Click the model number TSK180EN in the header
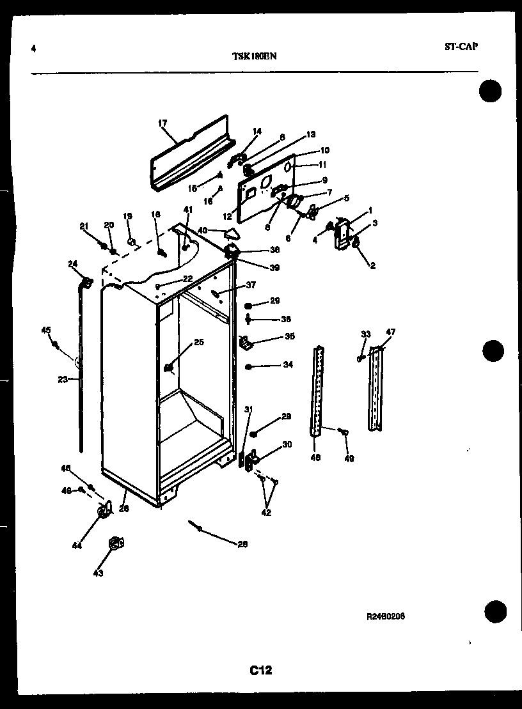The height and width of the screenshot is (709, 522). point(255,56)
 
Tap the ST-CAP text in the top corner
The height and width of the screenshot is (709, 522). point(461,47)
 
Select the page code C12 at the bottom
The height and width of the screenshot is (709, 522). point(261,670)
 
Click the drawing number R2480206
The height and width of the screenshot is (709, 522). point(386,616)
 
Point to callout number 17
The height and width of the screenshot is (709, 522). point(162,123)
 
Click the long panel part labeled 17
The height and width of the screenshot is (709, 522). point(190,153)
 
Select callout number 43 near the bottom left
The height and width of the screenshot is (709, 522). point(98,573)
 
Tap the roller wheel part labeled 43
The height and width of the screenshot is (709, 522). point(116,543)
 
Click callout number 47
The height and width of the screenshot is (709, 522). point(391,332)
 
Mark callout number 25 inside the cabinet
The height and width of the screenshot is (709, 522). point(199,343)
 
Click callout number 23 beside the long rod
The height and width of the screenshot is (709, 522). point(62,379)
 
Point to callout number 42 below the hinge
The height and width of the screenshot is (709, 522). point(267,511)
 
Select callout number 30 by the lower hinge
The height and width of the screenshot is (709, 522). point(287,444)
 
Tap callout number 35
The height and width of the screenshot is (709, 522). point(289,336)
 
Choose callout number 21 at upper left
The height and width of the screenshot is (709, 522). point(83,225)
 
